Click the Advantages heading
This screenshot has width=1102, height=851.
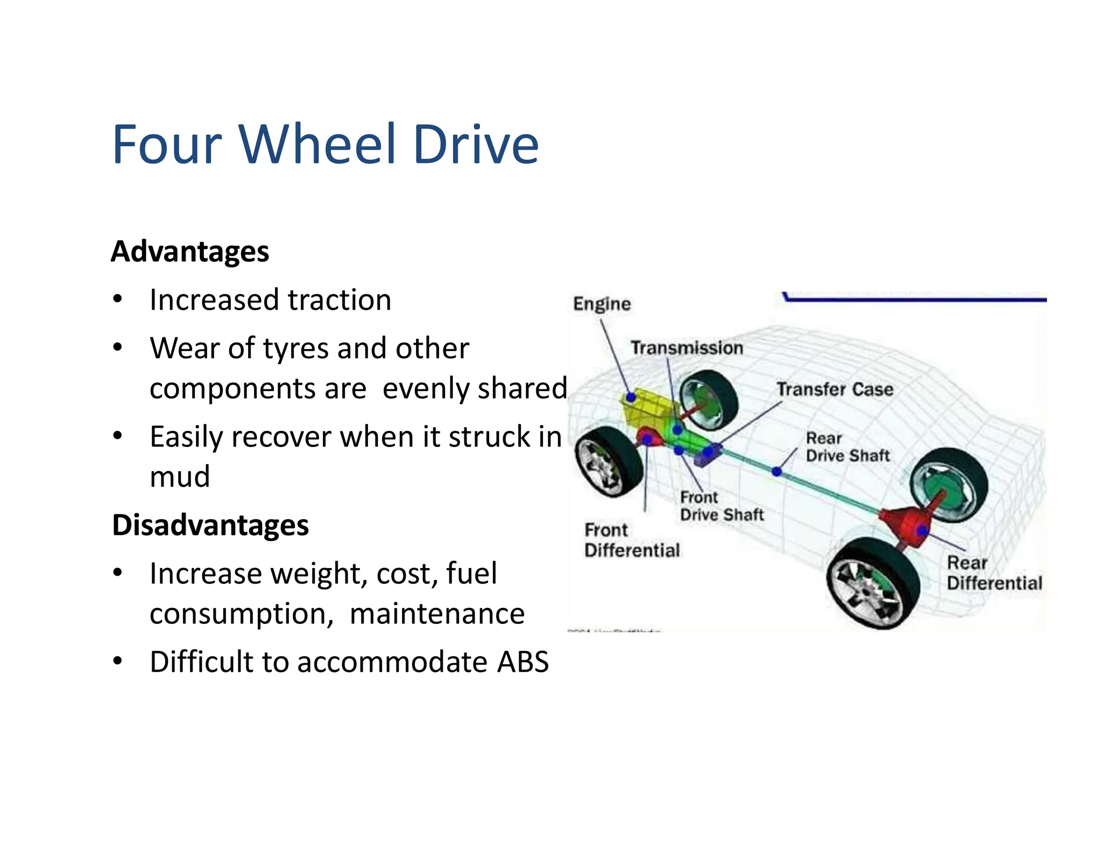click(190, 251)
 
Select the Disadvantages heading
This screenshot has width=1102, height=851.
click(210, 525)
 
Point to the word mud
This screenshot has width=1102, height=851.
click(180, 477)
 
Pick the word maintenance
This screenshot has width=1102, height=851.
click(437, 614)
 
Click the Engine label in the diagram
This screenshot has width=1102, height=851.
click(602, 304)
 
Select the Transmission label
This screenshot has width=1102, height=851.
click(687, 348)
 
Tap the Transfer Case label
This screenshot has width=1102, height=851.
click(835, 389)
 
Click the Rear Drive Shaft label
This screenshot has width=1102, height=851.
click(847, 447)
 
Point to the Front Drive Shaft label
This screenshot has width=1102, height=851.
click(721, 506)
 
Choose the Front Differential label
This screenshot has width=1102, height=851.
click(632, 540)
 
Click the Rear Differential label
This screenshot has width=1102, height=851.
click(994, 573)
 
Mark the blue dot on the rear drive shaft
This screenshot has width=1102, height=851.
click(776, 472)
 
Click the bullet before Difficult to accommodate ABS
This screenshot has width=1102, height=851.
click(118, 661)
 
